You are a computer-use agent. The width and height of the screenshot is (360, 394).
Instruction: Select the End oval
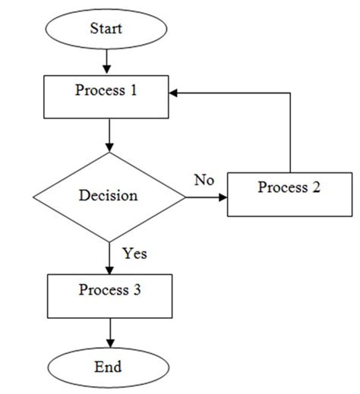pos(108,367)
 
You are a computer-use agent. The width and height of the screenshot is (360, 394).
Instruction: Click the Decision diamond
pos(109,196)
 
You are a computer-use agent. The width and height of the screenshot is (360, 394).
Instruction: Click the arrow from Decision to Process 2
pos(206,197)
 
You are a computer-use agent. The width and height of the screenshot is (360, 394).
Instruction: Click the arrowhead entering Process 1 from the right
pos(175,93)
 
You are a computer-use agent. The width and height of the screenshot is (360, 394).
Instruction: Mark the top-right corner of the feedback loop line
pos(290,93)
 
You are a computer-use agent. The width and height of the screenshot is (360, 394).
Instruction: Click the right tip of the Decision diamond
pos(185,197)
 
